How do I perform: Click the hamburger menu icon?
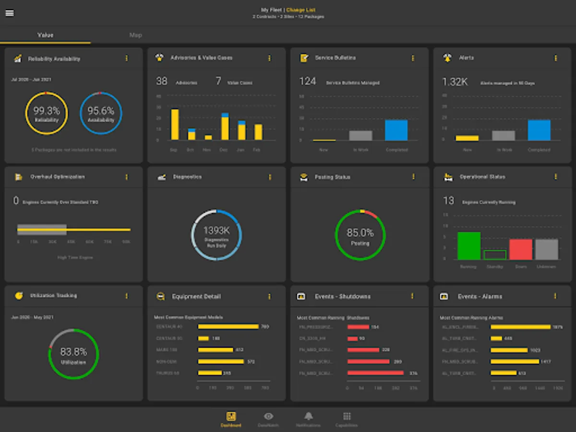(x=10, y=13)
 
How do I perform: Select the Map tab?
(x=135, y=35)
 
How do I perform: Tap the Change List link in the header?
(x=301, y=10)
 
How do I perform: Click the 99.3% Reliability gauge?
(x=47, y=113)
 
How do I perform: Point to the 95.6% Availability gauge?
(x=101, y=113)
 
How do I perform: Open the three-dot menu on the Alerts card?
(x=556, y=58)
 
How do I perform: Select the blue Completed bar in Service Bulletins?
(x=396, y=130)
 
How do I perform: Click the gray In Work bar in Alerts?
(x=504, y=135)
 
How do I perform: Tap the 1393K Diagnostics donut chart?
(x=216, y=235)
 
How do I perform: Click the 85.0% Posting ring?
(x=360, y=235)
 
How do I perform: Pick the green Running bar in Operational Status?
(x=469, y=246)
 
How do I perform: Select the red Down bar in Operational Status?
(x=521, y=250)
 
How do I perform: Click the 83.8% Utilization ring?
(x=73, y=354)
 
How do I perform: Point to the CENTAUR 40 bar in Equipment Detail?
(x=228, y=327)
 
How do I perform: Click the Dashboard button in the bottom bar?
(x=231, y=419)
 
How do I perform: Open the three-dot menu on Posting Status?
(x=413, y=177)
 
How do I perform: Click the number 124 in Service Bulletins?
(x=308, y=82)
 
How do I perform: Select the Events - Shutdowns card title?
(x=343, y=297)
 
